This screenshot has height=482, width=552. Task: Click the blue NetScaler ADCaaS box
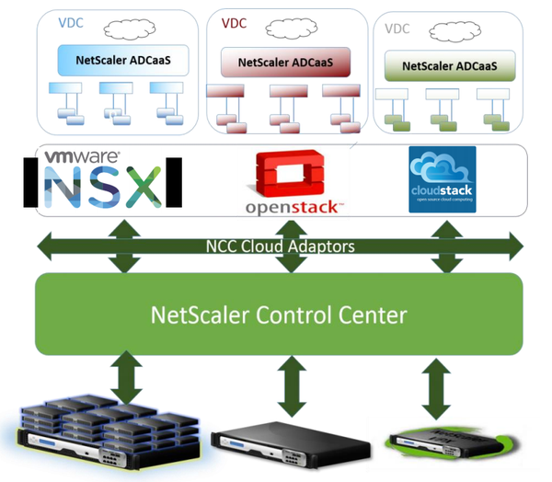tap(122, 61)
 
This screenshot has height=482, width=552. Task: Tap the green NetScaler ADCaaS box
tap(449, 65)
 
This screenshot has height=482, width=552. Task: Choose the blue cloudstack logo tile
tap(442, 179)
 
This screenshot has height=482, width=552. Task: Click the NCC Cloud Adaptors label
tap(280, 247)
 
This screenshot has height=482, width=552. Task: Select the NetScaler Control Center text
tap(279, 316)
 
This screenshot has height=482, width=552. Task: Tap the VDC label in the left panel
tap(68, 19)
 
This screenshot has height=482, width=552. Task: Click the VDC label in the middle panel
tap(234, 23)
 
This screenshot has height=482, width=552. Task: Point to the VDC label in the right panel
tap(397, 29)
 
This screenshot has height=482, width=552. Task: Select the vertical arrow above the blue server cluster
tap(123, 378)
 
